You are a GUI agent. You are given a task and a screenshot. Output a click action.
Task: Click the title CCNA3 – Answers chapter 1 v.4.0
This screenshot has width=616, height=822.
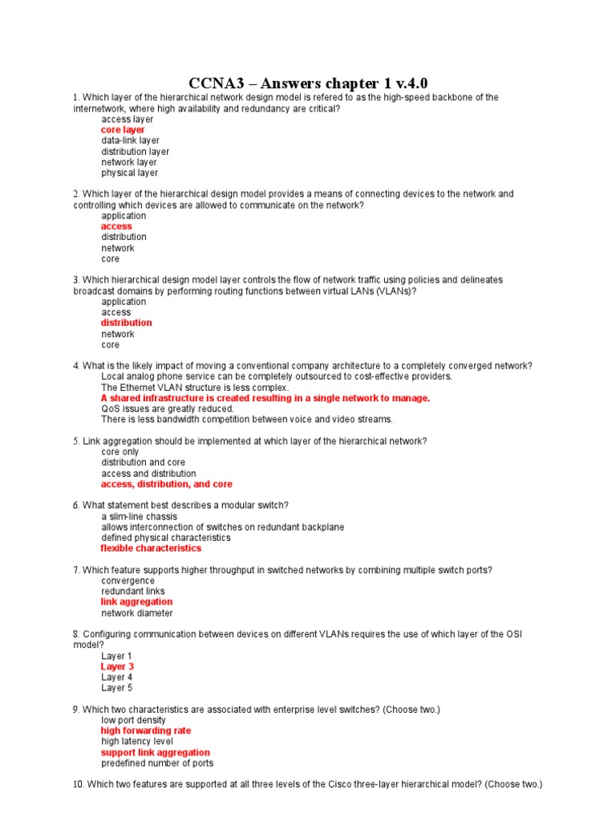click(x=308, y=83)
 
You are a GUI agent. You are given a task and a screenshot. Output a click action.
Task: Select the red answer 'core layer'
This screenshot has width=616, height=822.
click(x=123, y=130)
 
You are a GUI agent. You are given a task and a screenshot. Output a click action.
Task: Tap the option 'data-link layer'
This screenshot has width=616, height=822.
click(x=130, y=140)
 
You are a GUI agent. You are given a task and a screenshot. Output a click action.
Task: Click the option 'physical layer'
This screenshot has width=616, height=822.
click(x=129, y=173)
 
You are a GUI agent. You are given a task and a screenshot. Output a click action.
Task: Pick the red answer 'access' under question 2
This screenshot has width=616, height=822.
click(x=116, y=226)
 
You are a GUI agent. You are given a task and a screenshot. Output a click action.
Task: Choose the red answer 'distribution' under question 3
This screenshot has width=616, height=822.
click(x=126, y=323)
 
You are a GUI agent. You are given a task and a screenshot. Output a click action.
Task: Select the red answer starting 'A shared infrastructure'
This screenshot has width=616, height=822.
click(x=265, y=398)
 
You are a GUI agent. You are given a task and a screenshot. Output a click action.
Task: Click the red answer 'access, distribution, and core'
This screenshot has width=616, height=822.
click(x=166, y=484)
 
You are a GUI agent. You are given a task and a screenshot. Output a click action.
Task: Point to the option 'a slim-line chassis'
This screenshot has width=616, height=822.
click(x=140, y=516)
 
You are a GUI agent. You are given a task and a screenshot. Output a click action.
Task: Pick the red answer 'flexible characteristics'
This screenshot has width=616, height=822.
click(x=151, y=548)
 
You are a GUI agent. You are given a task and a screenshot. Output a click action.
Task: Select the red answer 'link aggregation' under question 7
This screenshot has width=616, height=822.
click(x=136, y=602)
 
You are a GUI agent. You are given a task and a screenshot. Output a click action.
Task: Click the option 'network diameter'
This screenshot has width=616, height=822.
click(x=136, y=613)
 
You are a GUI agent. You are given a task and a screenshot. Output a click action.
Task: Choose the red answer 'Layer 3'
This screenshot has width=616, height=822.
click(x=117, y=666)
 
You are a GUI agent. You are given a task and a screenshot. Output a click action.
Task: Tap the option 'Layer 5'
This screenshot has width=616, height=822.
click(x=117, y=688)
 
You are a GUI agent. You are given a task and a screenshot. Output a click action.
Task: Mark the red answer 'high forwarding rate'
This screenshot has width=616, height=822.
click(x=146, y=731)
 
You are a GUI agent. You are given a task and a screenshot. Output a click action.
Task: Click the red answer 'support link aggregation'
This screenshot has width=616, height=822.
click(x=155, y=753)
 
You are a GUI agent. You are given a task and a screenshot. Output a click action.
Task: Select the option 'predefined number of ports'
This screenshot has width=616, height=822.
click(x=157, y=763)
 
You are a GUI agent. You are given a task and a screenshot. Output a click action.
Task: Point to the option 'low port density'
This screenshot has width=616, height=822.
click(x=133, y=720)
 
